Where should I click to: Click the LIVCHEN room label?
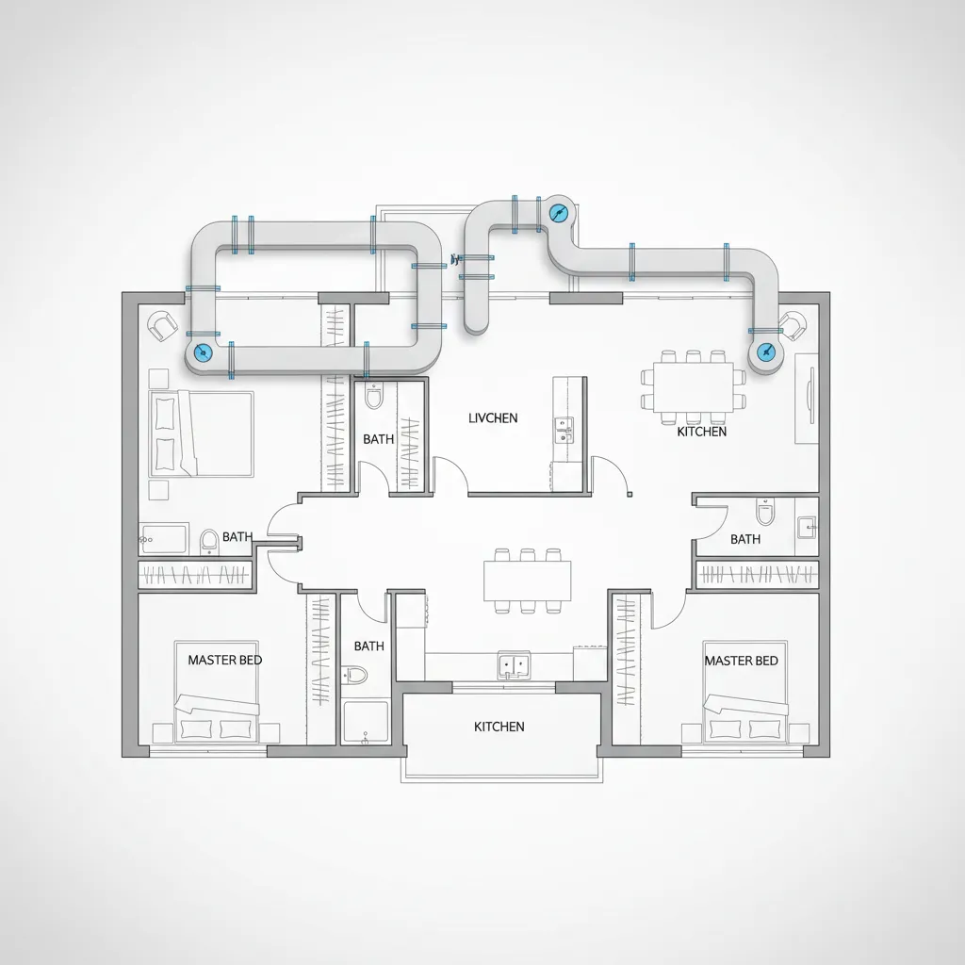tap(492, 417)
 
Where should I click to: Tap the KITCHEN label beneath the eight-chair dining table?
tap(701, 432)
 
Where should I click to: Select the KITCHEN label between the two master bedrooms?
tap(499, 727)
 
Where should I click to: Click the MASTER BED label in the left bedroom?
tap(225, 660)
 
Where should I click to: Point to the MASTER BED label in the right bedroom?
tap(742, 660)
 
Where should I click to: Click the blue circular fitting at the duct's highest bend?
tap(558, 213)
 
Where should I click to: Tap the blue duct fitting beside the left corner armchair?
tap(201, 352)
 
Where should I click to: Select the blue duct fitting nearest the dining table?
tap(765, 352)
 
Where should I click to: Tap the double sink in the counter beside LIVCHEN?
tap(563, 430)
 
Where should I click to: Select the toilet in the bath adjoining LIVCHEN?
tap(373, 397)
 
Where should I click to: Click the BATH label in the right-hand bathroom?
tap(745, 539)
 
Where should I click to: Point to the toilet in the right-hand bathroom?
tap(764, 513)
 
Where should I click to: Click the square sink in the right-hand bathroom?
tap(806, 526)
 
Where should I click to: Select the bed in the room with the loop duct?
tap(200, 433)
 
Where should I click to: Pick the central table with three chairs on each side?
tap(527, 581)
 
